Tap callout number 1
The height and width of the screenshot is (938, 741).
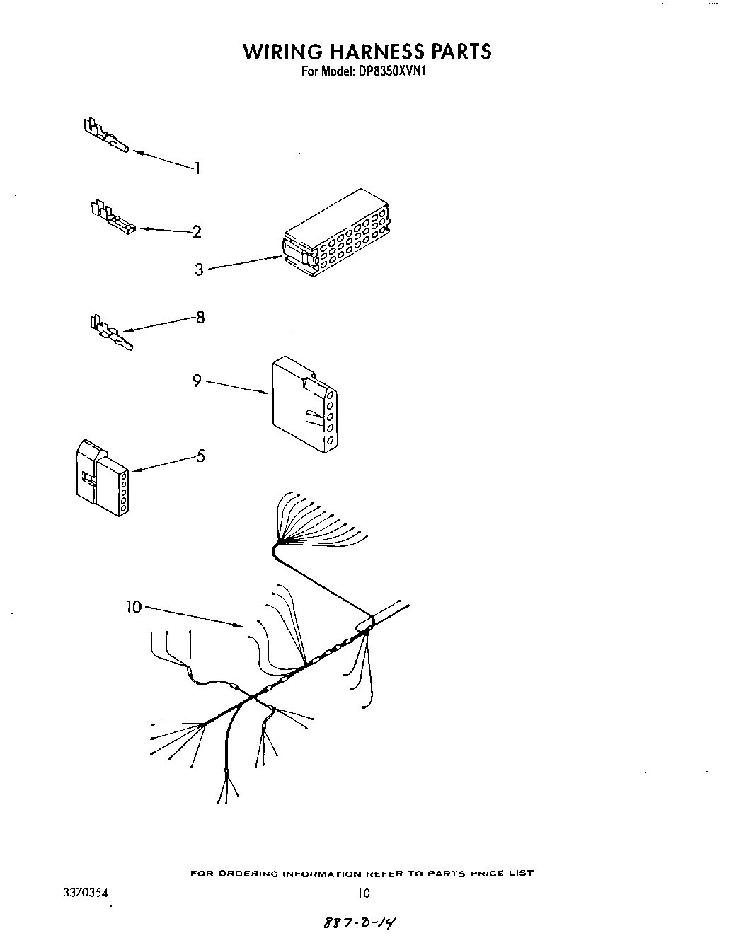197,168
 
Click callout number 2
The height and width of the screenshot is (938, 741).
197,231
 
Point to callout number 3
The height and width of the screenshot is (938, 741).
199,270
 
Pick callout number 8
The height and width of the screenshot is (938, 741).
200,318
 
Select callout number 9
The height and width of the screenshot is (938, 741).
197,381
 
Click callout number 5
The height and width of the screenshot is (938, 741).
200,456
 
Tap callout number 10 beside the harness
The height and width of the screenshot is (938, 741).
134,607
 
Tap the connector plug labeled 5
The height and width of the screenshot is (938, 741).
100,479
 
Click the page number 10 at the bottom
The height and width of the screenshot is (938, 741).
363,893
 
